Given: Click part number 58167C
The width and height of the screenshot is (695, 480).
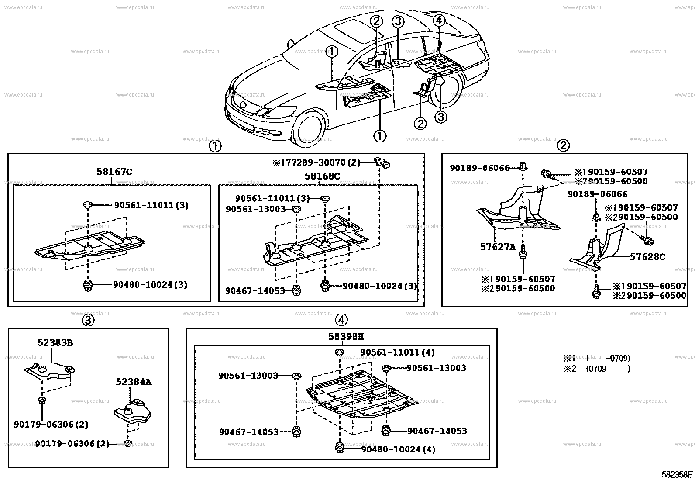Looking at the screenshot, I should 114,172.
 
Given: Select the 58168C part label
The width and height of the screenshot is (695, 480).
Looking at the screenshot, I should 322,176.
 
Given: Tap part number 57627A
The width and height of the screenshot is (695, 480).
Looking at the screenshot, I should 498,247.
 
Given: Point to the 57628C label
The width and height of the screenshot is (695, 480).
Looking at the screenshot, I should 647,256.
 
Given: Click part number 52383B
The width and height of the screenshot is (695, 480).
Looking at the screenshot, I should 55,343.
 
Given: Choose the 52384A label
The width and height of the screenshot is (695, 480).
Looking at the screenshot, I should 134,382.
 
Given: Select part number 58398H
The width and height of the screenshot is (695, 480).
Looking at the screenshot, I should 346,336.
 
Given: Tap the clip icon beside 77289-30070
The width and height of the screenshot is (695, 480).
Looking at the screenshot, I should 383,163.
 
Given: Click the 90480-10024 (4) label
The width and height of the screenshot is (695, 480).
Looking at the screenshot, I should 398,449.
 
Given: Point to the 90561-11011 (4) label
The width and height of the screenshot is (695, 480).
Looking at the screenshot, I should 397,352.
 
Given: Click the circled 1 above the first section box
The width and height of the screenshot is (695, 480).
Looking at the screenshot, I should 215,146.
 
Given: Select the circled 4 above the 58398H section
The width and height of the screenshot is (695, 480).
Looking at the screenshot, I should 341,320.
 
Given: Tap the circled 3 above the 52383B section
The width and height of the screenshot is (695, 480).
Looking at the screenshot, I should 88,321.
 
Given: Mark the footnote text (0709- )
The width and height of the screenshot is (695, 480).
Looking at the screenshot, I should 608,369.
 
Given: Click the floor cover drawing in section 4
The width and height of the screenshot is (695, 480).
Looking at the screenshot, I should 362,393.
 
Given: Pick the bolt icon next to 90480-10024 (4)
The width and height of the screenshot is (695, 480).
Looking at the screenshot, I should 339,448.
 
